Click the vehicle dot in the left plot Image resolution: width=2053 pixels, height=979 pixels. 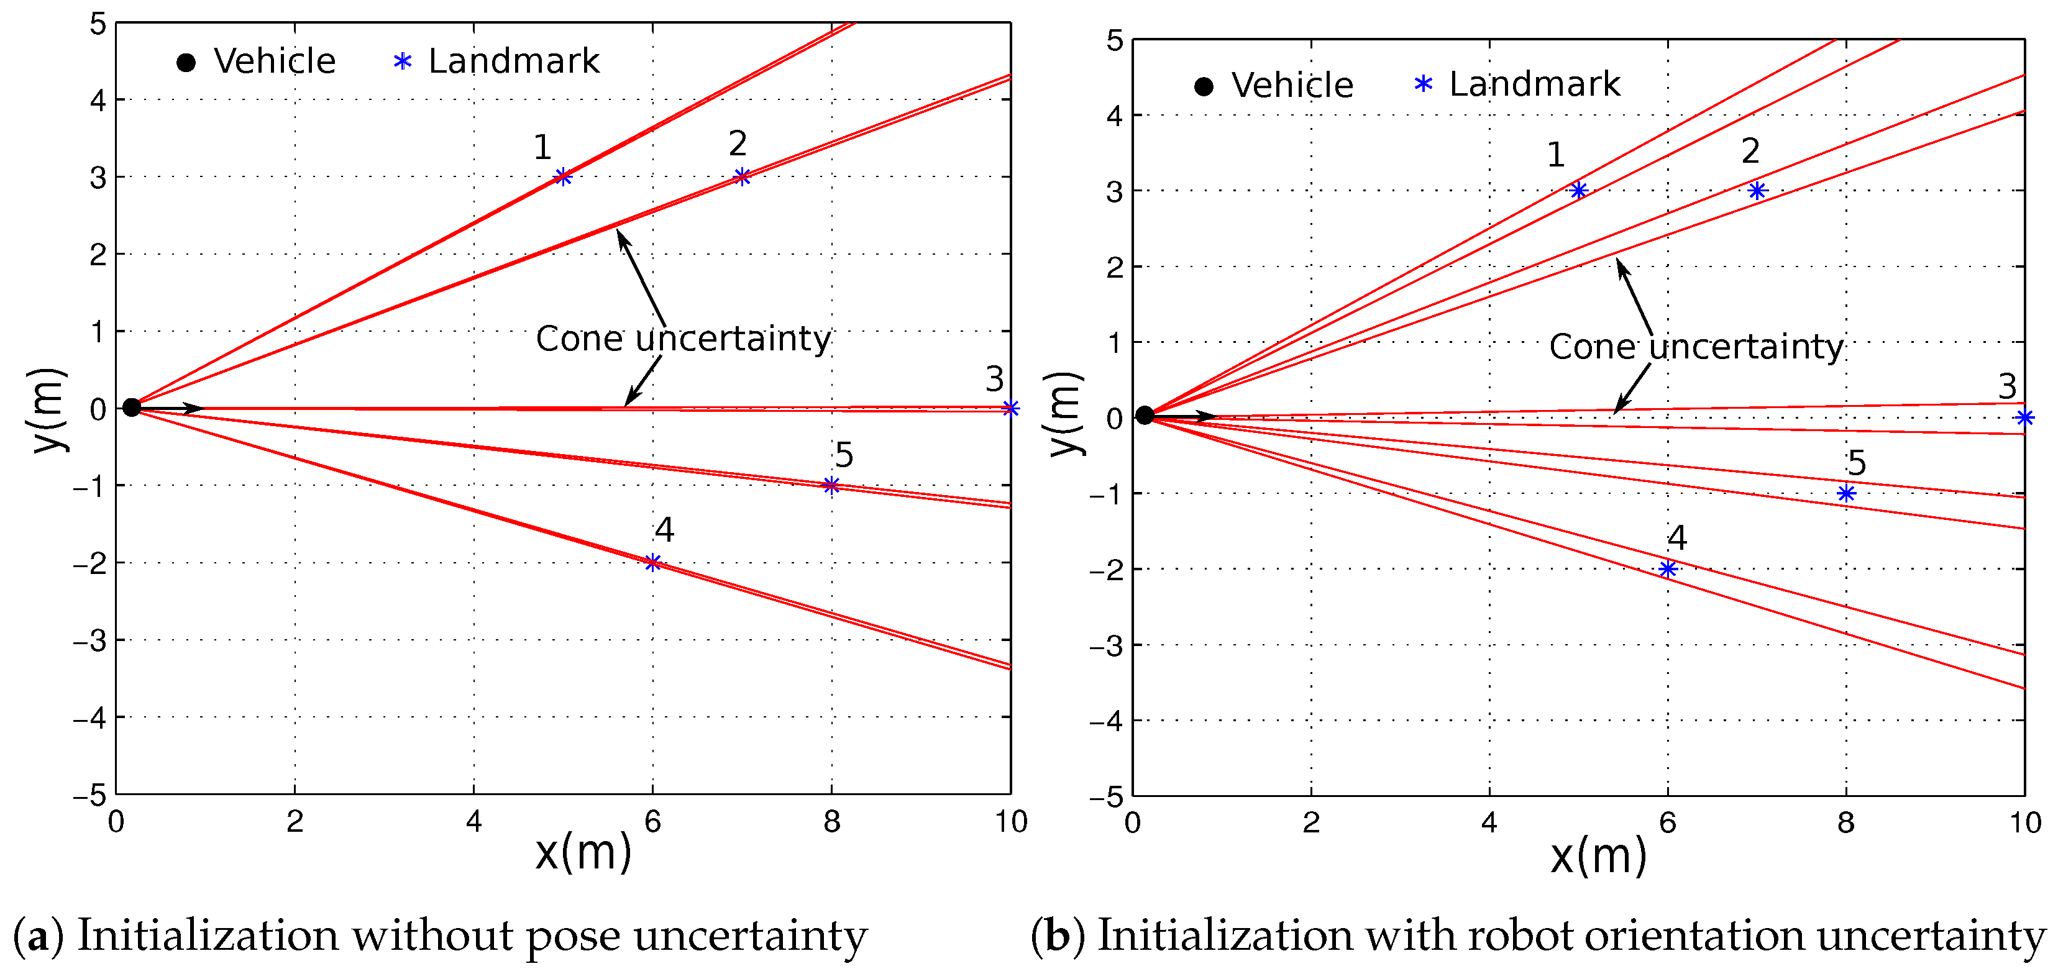pos(132,408)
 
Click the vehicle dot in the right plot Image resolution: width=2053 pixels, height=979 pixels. pos(1145,415)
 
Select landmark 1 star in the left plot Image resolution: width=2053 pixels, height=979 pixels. pos(564,177)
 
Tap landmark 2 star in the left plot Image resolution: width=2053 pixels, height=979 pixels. pos(742,177)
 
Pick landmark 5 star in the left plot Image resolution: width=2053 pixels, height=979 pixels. pos(831,485)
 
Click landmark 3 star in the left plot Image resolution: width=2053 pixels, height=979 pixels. pos(1010,409)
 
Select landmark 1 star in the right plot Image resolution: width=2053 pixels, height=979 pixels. pos(1578,190)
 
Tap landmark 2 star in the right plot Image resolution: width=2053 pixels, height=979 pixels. pos(1757,190)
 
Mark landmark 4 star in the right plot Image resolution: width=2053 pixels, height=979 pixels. pos(1667,569)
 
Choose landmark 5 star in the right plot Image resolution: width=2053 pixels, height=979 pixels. pos(1846,494)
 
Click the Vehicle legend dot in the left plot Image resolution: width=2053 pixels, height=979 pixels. pos(186,62)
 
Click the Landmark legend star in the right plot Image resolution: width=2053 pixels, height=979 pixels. pos(1424,84)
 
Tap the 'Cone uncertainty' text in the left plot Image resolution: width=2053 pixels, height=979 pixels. pos(683,339)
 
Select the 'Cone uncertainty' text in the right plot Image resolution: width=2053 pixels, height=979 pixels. pos(1696,347)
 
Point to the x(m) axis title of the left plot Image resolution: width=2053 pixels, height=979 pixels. pos(583,852)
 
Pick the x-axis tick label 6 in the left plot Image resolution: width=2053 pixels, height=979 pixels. pos(652,821)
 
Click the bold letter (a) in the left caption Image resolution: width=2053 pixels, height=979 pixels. pos(37,937)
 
